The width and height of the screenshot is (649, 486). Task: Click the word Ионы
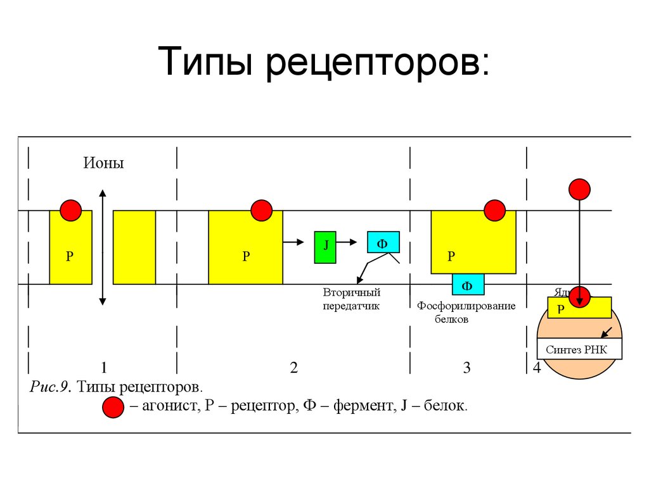point(103,163)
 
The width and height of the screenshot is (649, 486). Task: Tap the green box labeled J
point(326,247)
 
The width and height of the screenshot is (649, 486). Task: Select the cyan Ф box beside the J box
point(383,243)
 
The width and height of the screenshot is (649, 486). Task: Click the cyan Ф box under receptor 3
point(468,285)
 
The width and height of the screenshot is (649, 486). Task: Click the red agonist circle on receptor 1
point(70,210)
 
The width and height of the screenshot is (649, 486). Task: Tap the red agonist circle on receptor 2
point(261,210)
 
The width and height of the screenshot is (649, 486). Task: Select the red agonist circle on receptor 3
point(494,210)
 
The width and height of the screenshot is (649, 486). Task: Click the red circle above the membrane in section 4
point(579,189)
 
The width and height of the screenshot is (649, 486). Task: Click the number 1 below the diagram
point(103,368)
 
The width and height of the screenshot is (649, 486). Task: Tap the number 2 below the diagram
point(293,368)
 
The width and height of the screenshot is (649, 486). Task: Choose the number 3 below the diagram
point(467,368)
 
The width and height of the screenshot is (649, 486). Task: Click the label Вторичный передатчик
point(351,299)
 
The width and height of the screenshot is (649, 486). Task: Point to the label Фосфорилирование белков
point(466,313)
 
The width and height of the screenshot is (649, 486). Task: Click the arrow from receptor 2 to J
point(295,241)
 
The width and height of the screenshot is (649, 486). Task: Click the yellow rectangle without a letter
point(134,247)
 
